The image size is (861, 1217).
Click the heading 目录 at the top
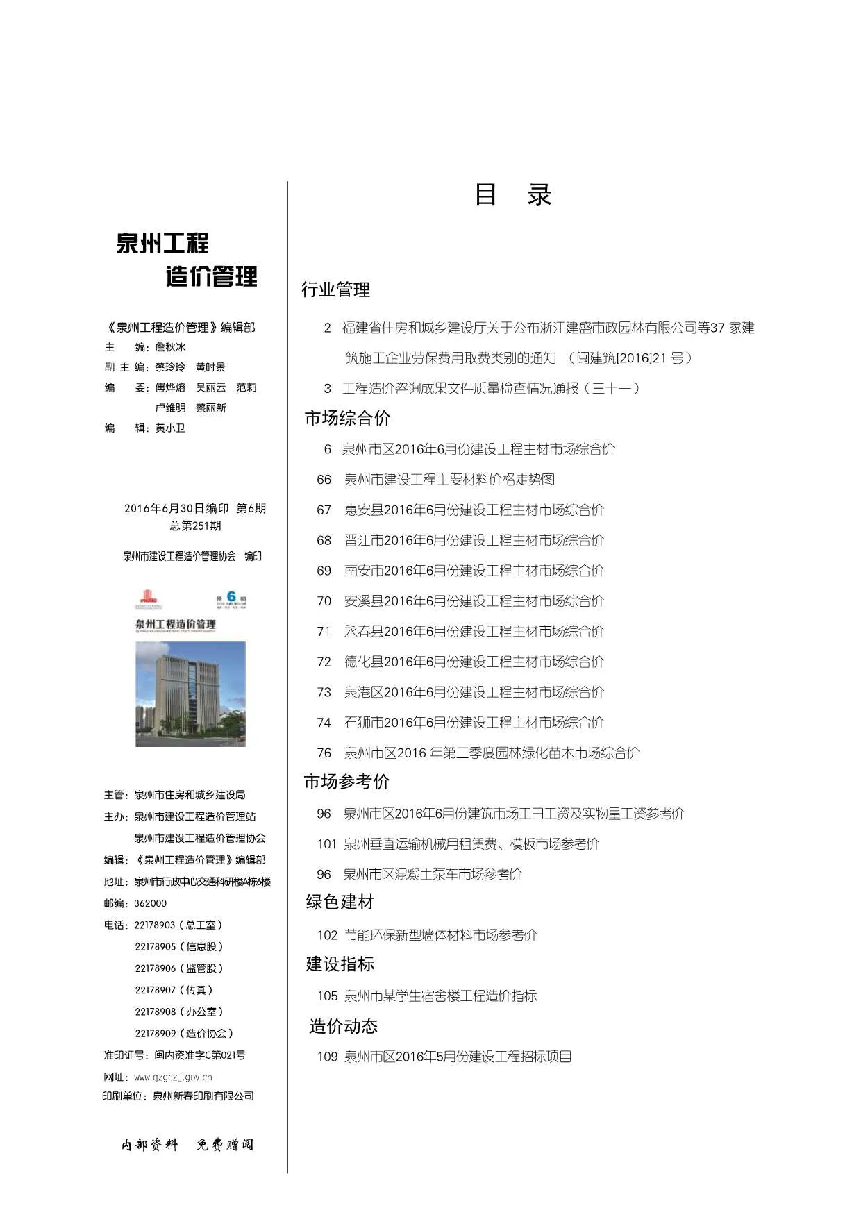(512, 195)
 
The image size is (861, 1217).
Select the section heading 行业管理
(335, 289)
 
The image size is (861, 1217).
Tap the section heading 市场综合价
(347, 418)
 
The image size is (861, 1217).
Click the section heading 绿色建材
(340, 902)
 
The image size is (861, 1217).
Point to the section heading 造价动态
(343, 1026)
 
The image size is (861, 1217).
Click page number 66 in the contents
(324, 480)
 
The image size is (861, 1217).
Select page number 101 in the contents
(326, 844)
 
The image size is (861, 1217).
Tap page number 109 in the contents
(327, 1057)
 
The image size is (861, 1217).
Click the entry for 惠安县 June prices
(474, 510)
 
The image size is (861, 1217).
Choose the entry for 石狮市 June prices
(474, 723)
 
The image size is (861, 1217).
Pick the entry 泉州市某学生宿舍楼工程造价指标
(440, 996)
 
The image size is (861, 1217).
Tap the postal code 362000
(150, 903)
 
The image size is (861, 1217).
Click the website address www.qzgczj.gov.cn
(173, 1077)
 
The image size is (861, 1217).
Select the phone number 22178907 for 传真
(156, 990)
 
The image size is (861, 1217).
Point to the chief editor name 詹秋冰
(170, 347)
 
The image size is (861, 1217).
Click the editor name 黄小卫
(170, 428)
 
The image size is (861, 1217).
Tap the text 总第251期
(195, 526)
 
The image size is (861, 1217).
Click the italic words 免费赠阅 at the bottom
(225, 1145)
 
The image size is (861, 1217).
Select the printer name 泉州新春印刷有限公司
(203, 1096)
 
